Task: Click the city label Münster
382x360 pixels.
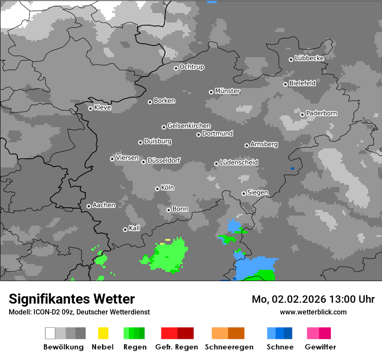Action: click(227, 91)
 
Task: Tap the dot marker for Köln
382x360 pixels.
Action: click(157, 189)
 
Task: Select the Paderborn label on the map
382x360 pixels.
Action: click(321, 113)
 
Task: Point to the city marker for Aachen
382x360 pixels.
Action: click(89, 206)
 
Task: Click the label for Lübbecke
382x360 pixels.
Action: click(309, 58)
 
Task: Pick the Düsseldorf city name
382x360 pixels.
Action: click(164, 160)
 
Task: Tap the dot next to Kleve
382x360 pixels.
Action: click(90, 108)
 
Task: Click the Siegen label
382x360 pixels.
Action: click(257, 193)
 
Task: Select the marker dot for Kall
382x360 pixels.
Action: click(125, 229)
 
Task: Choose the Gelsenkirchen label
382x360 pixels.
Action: click(189, 126)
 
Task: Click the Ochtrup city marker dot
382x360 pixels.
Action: click(176, 68)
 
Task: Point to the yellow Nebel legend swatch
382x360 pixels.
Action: click(103, 333)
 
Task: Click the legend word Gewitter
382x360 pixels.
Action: click(320, 347)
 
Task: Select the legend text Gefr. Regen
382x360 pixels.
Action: click(177, 347)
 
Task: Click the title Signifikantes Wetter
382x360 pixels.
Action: click(72, 299)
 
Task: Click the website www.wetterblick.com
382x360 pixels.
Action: click(313, 312)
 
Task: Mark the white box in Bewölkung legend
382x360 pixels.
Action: click(50, 333)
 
